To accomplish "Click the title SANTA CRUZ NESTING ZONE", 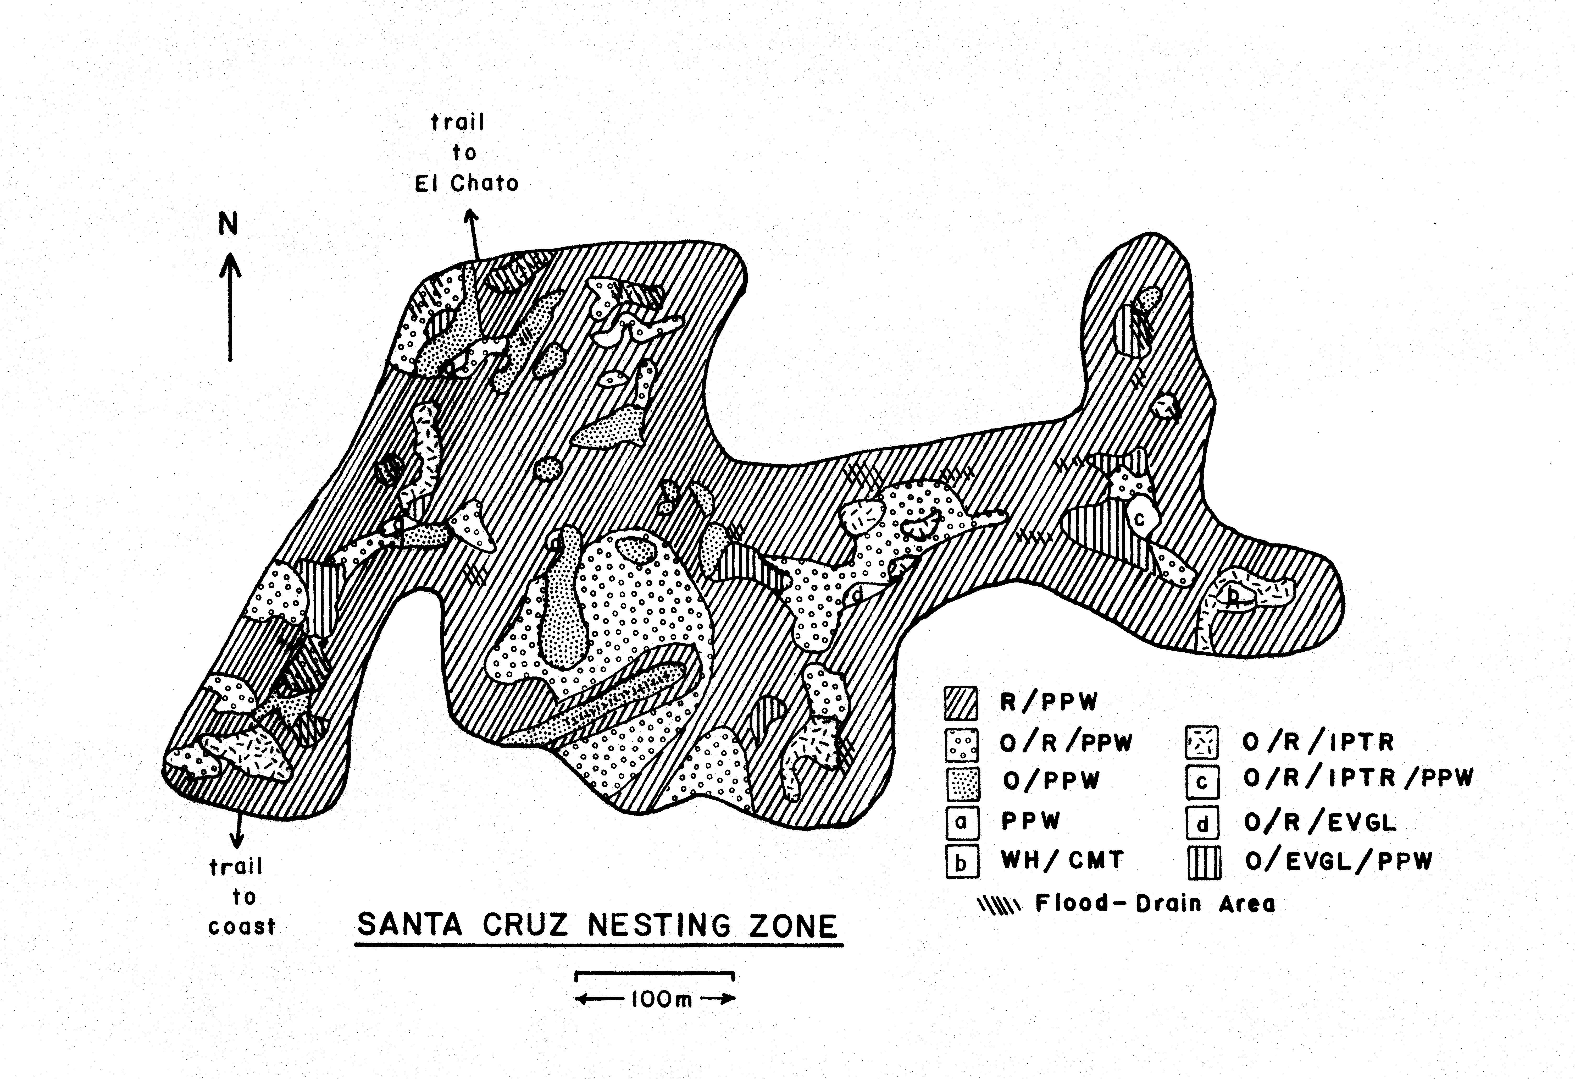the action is (598, 925).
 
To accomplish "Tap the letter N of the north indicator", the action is (228, 224).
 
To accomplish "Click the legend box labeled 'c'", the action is (1202, 781).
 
